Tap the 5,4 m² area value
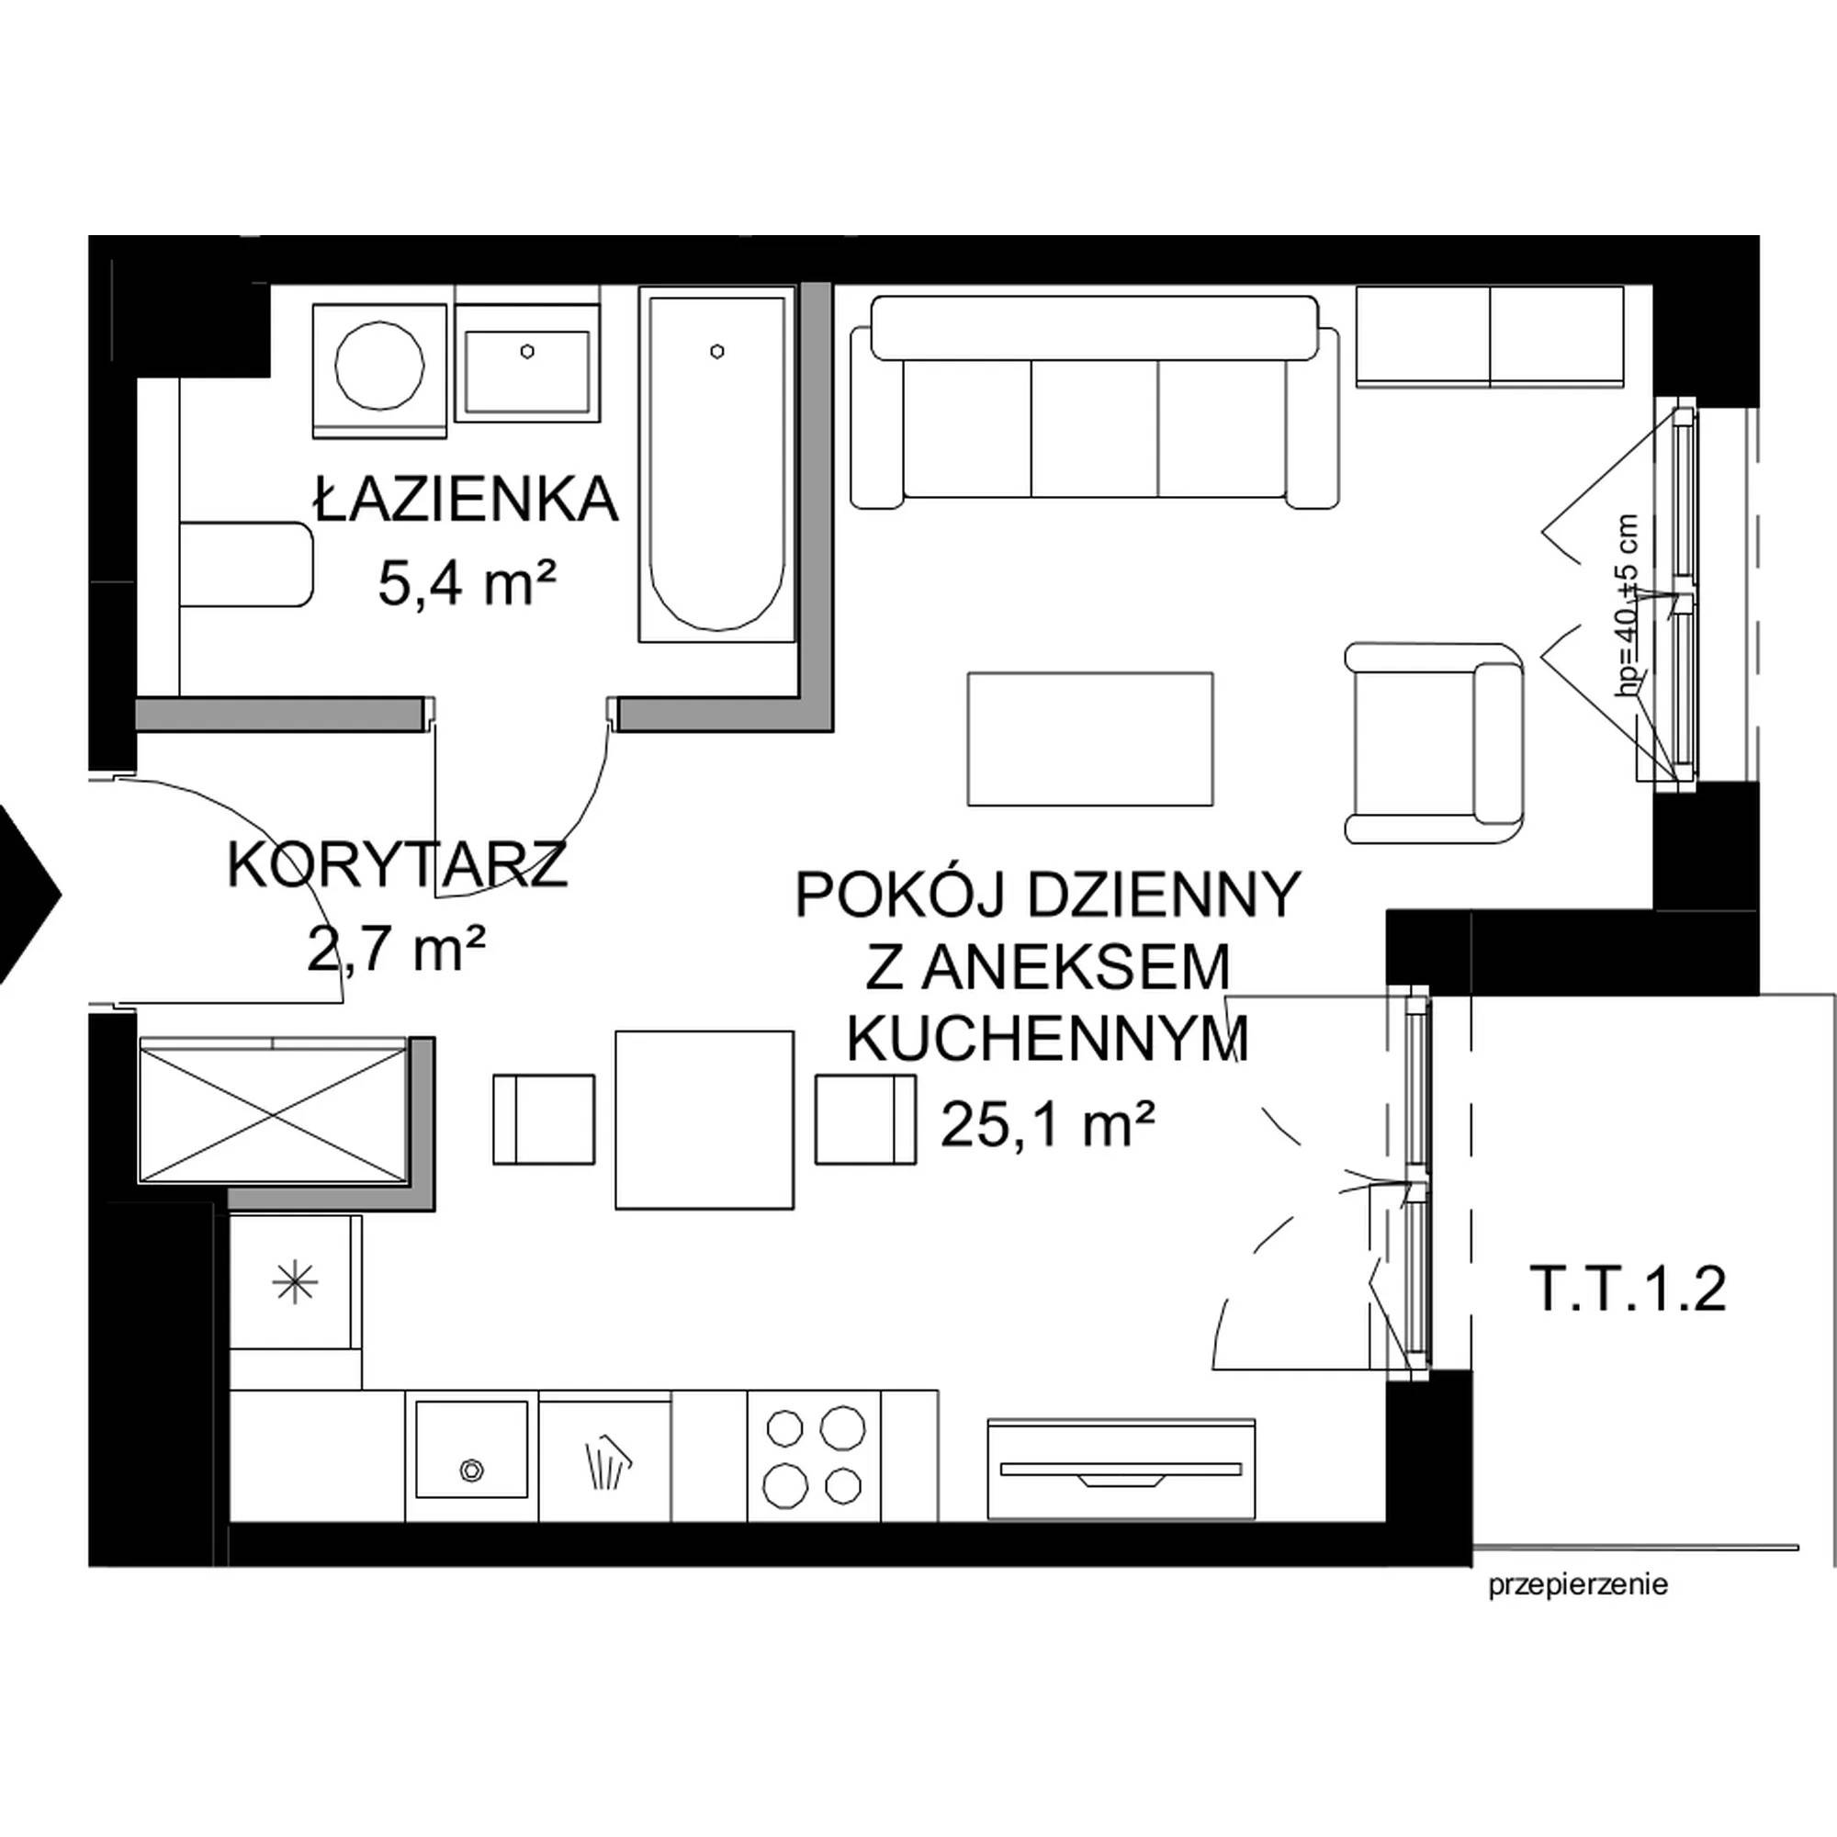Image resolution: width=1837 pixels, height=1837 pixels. tap(467, 582)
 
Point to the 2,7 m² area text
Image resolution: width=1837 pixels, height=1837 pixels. tap(398, 949)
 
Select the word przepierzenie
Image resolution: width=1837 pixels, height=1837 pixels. tap(1578, 1585)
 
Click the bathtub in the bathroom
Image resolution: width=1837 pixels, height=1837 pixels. tap(716, 465)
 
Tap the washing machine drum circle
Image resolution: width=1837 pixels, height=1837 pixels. tap(380, 366)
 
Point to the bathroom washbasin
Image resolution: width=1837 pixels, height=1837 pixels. tap(528, 362)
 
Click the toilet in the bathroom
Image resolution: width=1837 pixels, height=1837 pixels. tap(246, 563)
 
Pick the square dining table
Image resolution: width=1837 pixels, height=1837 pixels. tap(704, 1120)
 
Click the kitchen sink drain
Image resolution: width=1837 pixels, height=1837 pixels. tap(469, 1469)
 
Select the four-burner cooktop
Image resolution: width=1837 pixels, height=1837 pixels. tap(815, 1456)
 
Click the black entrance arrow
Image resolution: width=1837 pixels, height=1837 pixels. tap(28, 894)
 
